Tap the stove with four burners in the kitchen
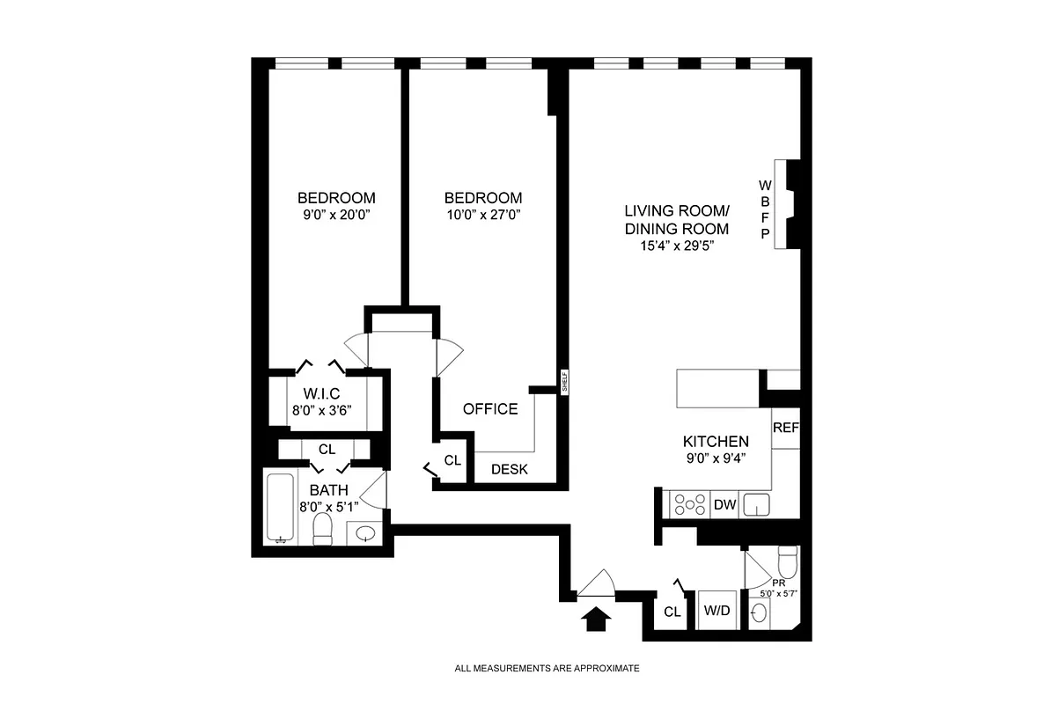689,504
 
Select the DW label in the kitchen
724,504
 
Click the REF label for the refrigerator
785,429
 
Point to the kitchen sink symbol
757,504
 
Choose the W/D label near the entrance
715,611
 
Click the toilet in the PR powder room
787,560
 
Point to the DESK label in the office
509,470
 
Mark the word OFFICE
490,409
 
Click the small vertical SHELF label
563,380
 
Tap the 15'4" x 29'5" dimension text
676,246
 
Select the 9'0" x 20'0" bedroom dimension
335,214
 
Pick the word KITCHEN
716,442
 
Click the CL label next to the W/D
672,612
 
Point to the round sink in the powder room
758,614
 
